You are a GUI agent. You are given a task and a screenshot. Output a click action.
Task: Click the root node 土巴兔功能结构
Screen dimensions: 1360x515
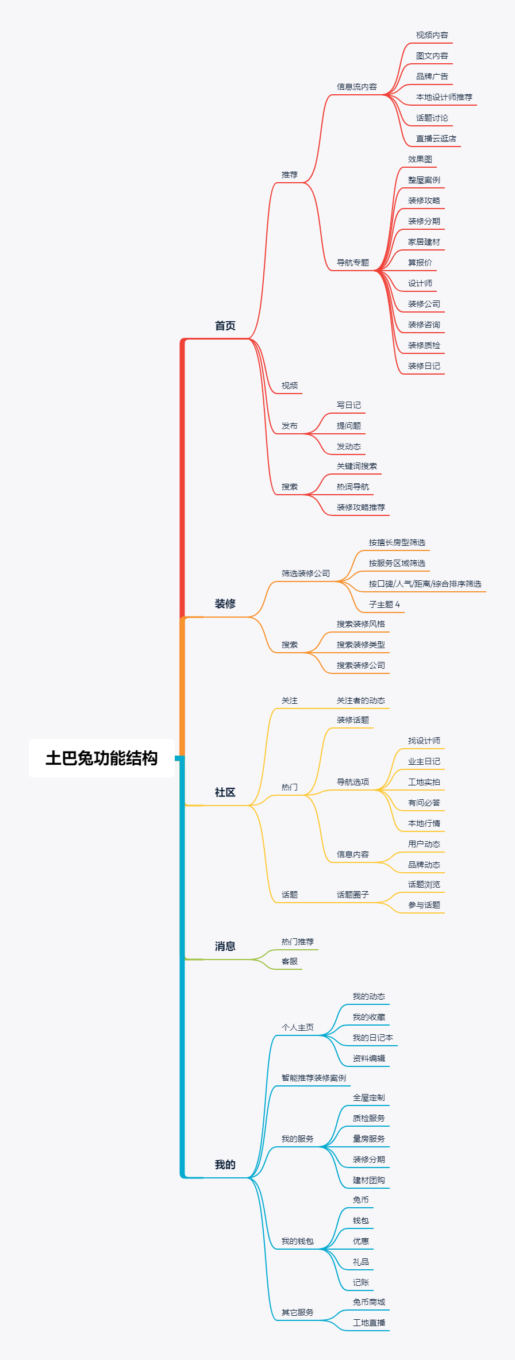click(102, 758)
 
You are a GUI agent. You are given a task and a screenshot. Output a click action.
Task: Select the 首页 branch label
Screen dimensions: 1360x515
click(225, 326)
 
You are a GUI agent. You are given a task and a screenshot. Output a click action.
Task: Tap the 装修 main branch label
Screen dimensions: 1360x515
click(225, 604)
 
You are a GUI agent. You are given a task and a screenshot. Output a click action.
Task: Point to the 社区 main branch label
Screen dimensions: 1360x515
click(225, 792)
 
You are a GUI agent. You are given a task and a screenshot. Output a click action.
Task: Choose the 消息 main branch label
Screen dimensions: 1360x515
click(225, 946)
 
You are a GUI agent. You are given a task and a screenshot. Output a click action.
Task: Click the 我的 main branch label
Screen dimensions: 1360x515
click(225, 1165)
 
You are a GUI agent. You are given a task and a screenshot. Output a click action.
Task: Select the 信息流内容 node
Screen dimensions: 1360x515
click(356, 87)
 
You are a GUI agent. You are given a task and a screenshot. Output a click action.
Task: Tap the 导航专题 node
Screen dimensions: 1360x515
click(352, 263)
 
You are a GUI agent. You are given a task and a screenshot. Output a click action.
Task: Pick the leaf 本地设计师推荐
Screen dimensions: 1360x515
click(444, 97)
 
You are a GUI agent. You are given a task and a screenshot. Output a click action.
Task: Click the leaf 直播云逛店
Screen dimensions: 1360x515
click(436, 138)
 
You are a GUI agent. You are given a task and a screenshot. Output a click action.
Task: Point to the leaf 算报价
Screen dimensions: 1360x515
click(420, 263)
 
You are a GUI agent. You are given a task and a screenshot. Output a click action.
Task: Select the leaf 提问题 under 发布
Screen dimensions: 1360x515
click(348, 426)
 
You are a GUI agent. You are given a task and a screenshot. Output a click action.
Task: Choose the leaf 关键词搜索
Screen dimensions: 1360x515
click(356, 466)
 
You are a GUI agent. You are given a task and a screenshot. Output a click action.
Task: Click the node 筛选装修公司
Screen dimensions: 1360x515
click(305, 573)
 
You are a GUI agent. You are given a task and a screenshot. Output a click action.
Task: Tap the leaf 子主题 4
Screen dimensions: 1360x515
click(384, 604)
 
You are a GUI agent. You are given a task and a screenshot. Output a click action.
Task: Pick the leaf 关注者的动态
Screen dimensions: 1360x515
click(360, 700)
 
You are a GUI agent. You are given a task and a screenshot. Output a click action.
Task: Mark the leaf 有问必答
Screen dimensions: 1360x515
click(424, 803)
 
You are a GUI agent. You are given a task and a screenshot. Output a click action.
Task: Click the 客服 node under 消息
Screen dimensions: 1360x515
click(289, 961)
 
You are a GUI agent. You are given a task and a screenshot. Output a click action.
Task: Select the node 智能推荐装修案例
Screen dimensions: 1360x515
click(313, 1078)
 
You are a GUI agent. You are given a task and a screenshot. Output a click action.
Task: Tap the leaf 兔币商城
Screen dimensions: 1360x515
click(368, 1302)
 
